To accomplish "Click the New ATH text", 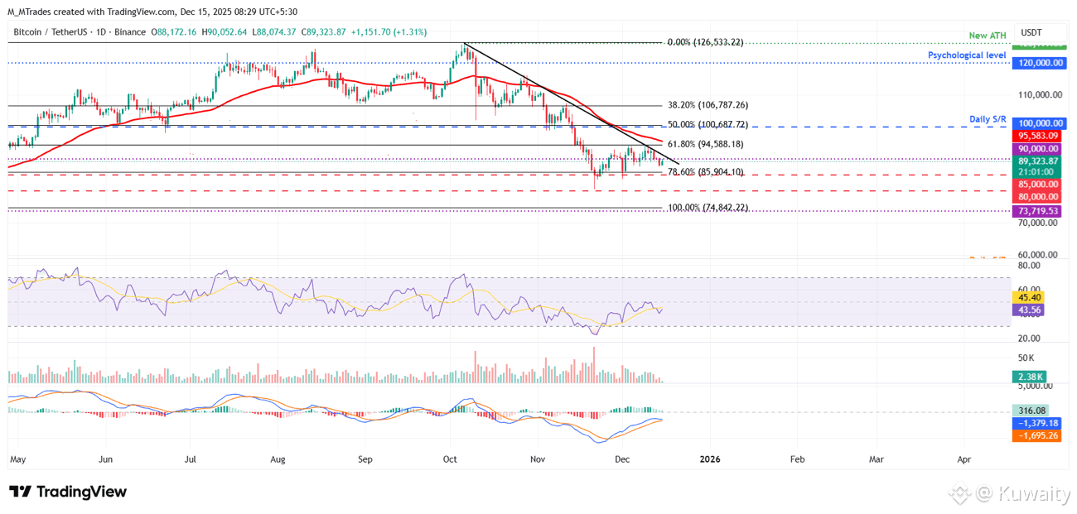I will (x=988, y=36).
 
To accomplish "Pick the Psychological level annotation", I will (x=967, y=55).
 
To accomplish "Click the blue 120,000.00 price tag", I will (x=1036, y=63).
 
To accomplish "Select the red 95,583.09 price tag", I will (x=1036, y=136).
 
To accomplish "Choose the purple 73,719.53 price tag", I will (x=1036, y=211).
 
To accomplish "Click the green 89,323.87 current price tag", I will (x=1036, y=161).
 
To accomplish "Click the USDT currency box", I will (x=1031, y=32).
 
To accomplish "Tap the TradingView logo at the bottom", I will (x=68, y=492).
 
